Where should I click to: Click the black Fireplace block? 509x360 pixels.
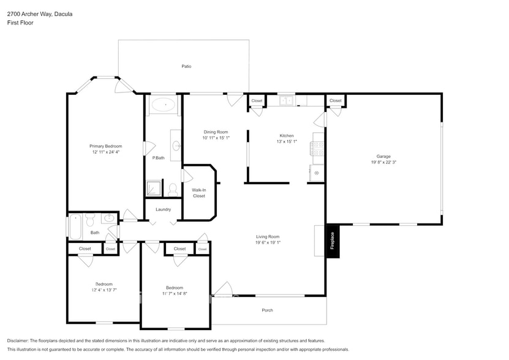pos(333,241)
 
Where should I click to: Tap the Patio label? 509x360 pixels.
pos(186,66)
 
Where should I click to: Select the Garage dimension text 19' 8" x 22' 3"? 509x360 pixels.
pos(383,163)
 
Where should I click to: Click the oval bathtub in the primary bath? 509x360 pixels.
pos(163,105)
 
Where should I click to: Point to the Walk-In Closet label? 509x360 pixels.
pos(198,193)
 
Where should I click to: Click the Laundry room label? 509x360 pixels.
pos(163,209)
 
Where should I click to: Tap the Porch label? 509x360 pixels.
pos(267,310)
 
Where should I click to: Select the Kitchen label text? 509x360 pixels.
pos(287,136)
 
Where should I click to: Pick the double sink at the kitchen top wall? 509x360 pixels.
pos(287,100)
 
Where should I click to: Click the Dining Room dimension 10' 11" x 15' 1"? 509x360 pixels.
pos(216,138)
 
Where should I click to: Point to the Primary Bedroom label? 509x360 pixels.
pos(105,146)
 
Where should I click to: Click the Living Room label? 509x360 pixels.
pos(268,236)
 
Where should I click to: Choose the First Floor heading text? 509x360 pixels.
pos(21,23)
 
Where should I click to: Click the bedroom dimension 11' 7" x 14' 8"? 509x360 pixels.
pos(175,294)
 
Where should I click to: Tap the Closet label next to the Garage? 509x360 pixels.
pos(335,100)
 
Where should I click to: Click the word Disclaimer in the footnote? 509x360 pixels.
pos(21,340)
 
